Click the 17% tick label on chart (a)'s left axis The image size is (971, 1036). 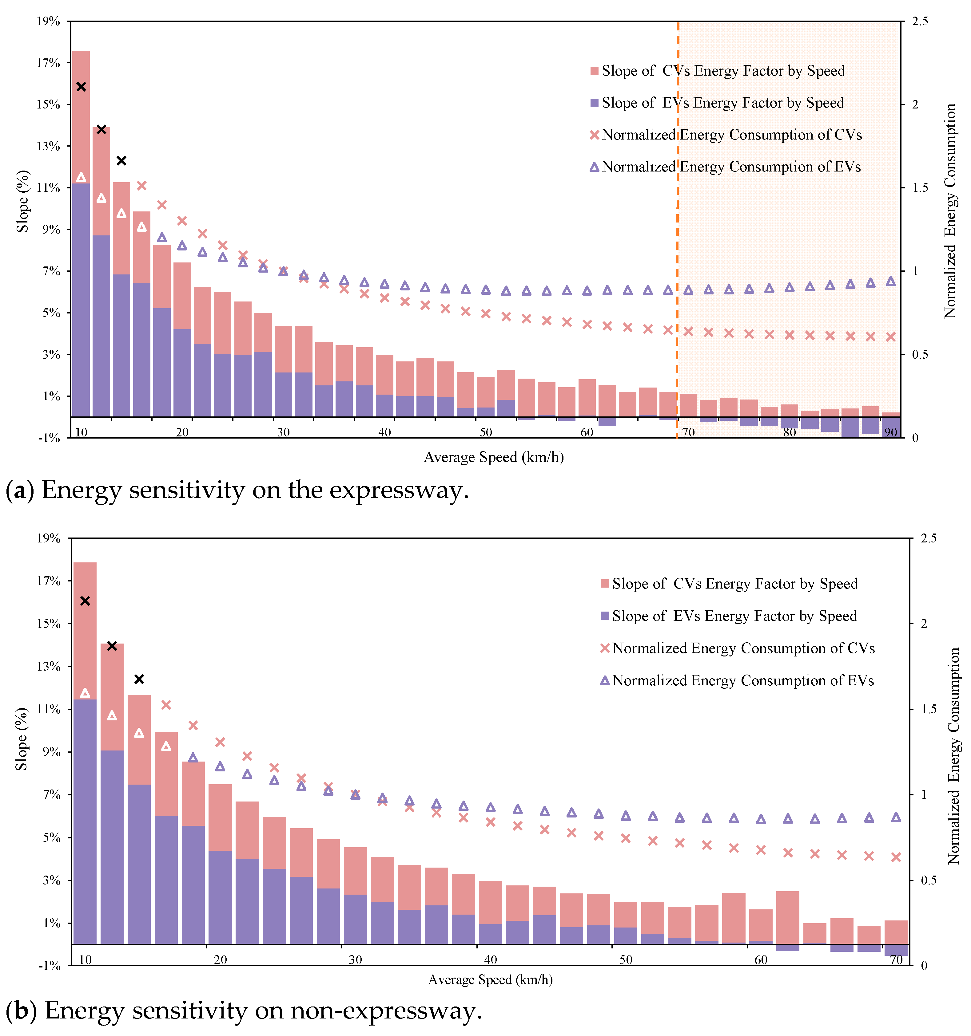coord(48,63)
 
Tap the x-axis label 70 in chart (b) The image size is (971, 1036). coord(896,960)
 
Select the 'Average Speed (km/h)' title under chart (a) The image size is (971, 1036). coord(493,457)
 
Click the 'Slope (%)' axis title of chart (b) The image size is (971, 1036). coord(22,739)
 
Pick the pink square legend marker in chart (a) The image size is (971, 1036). coord(594,71)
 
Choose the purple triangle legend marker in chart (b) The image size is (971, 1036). coord(605,681)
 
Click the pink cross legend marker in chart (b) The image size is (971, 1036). coord(605,648)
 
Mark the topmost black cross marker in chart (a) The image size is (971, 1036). coord(81,86)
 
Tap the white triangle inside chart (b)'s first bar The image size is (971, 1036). coord(85,693)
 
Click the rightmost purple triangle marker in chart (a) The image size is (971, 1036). coord(891,282)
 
